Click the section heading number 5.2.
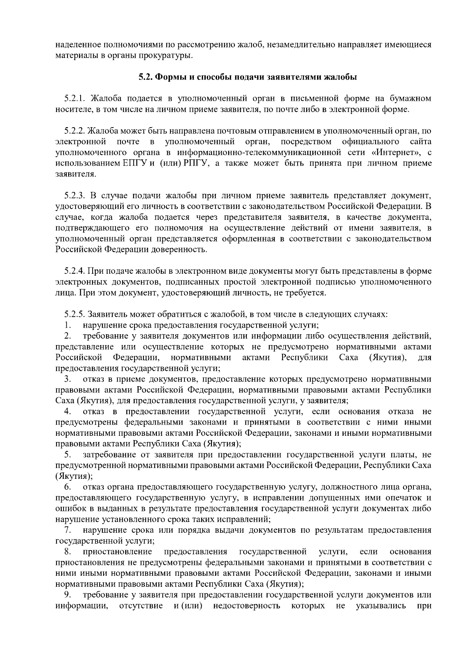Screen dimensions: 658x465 click(146, 77)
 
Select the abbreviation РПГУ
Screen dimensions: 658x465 click(197, 163)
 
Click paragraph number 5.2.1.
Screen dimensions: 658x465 click(77, 98)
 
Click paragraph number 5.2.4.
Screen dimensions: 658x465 click(77, 271)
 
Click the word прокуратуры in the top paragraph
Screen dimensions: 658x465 click(169, 55)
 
